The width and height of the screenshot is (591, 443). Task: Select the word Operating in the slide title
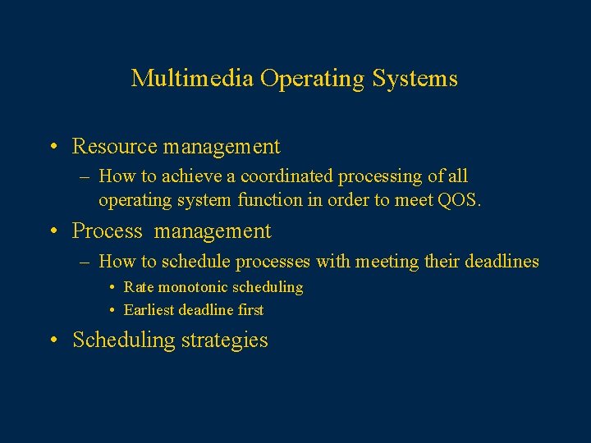[313, 79]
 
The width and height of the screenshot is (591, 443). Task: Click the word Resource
[115, 147]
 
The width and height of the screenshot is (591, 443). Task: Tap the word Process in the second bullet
[108, 231]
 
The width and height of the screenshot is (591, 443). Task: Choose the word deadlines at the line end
[502, 262]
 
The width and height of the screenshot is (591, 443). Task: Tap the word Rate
[139, 287]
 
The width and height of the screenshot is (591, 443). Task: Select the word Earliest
[149, 310]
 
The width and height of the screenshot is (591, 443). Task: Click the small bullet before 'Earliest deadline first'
[112, 311]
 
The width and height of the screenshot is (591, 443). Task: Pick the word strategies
[225, 340]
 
